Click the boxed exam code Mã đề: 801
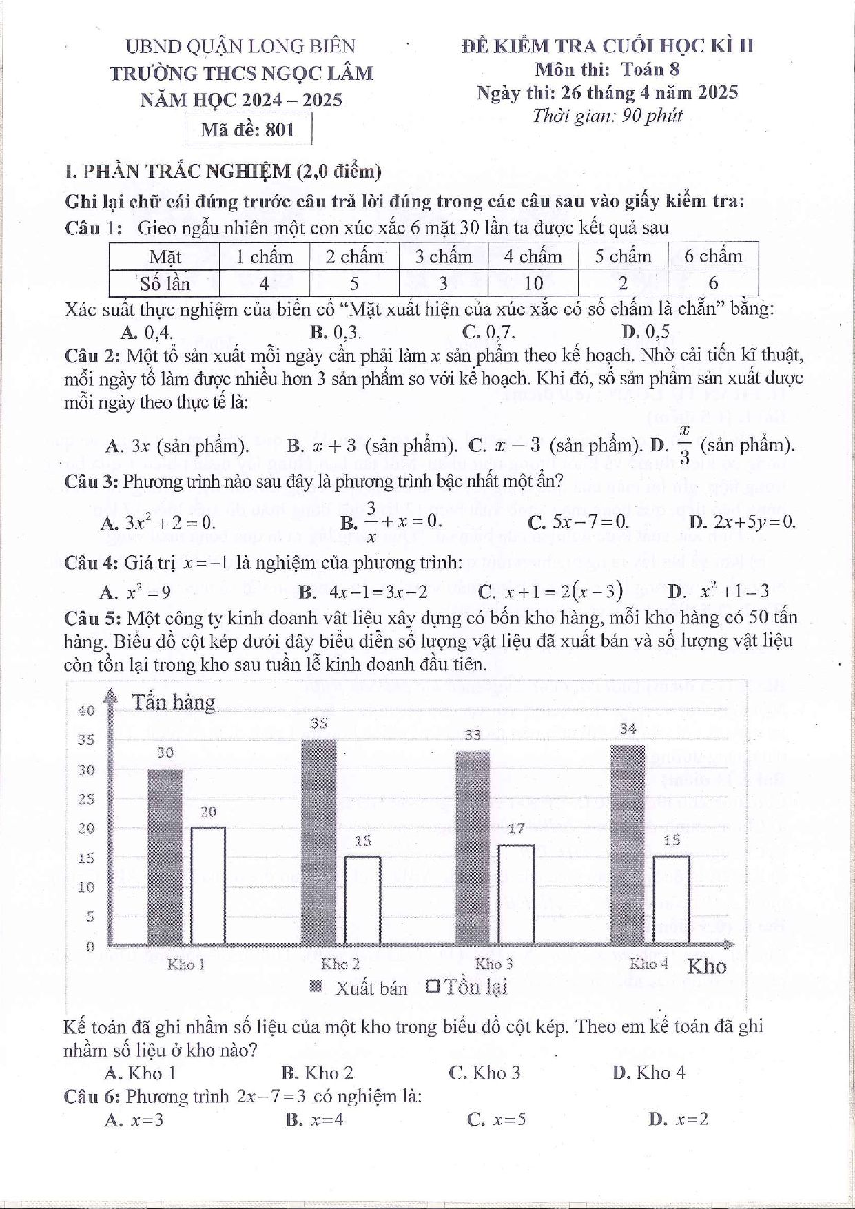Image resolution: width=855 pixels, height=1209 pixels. tap(248, 130)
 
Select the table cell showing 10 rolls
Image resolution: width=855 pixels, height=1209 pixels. tap(533, 283)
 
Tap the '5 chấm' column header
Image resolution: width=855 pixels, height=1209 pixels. tap(623, 257)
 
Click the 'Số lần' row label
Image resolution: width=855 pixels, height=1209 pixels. tap(165, 283)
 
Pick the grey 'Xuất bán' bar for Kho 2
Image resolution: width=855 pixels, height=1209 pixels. tap(319, 842)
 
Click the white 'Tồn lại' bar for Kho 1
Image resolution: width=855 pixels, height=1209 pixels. tap(208, 886)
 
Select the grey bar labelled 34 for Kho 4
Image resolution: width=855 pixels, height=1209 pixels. tap(628, 845)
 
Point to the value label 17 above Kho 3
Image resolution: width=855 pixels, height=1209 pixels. tap(516, 828)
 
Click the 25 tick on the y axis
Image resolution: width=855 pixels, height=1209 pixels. tap(86, 800)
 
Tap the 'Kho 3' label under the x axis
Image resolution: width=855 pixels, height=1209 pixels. tap(494, 964)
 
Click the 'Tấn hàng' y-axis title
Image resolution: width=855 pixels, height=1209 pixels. tap(174, 702)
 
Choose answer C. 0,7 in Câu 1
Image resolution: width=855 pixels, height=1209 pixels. tap(488, 332)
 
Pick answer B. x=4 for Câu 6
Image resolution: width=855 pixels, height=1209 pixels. tap(314, 1119)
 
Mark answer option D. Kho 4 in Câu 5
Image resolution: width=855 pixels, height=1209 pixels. tap(649, 1073)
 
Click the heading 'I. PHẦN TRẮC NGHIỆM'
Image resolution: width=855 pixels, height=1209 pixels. tap(223, 171)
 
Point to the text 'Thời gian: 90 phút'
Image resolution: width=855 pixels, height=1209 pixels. tap(607, 116)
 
